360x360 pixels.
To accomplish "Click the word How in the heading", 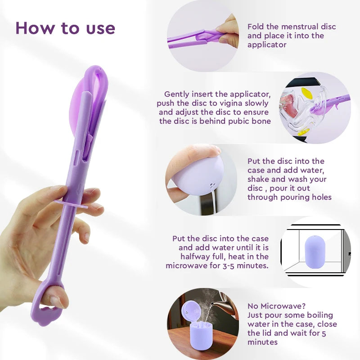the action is point(36,28).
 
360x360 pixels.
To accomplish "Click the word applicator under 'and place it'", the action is point(267,45).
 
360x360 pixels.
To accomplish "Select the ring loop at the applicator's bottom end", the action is point(46,306).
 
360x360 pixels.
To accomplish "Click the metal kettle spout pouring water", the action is point(218,301).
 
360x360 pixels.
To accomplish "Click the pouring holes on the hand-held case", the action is point(212,185).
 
